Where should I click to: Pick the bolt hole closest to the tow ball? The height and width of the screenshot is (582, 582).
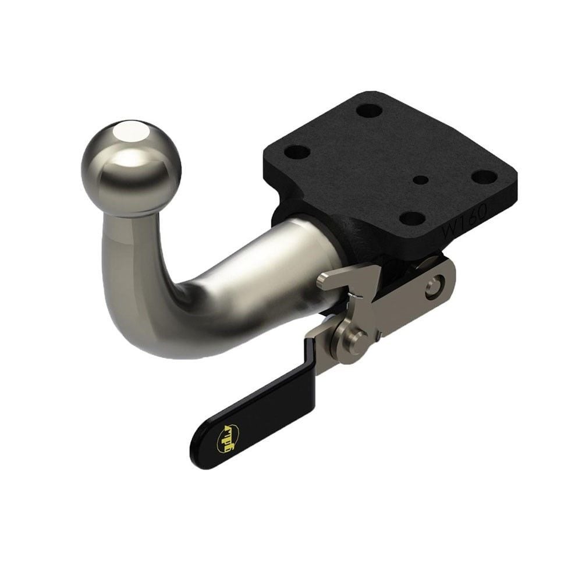297,152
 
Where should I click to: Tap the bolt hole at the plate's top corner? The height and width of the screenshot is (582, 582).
368,109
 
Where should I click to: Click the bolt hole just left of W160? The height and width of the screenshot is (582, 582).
414,218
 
